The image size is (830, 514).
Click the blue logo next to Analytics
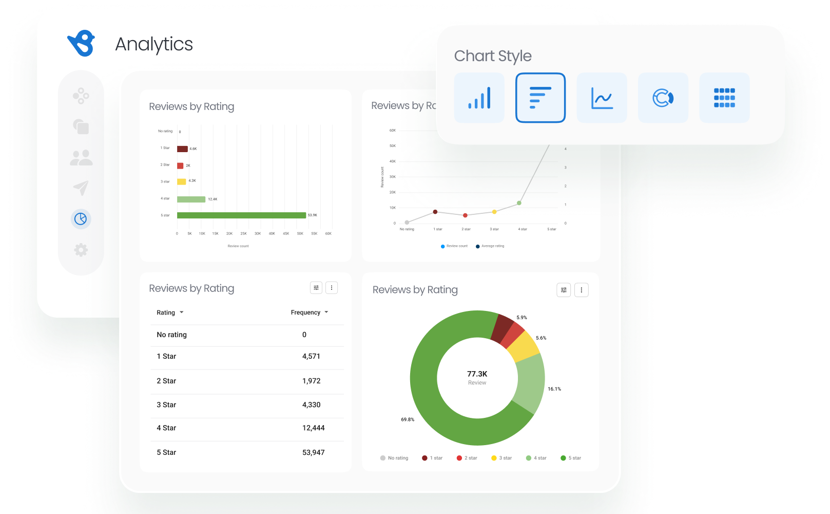82,43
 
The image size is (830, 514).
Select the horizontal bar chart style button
540,98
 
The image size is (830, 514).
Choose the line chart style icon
602,98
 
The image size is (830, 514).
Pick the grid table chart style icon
724,98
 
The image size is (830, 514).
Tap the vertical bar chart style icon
479,98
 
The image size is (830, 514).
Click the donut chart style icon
663,98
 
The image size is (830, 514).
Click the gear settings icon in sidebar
81,250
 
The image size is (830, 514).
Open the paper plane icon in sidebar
81,188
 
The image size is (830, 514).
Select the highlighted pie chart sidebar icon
81,219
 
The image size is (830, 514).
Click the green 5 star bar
241,215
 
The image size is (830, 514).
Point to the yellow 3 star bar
182,181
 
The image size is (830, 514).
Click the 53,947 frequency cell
313,452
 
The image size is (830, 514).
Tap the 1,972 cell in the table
311,381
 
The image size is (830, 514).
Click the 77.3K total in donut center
477,374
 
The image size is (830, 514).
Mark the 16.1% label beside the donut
554,389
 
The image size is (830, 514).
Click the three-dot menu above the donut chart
581,290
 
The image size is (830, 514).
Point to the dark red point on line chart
435,212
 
